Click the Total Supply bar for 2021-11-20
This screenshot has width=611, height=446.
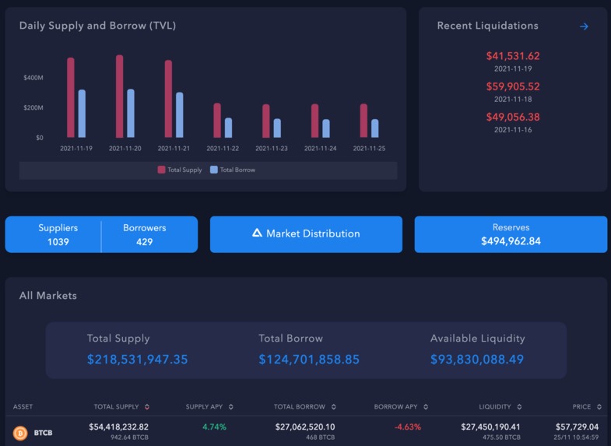tap(119, 97)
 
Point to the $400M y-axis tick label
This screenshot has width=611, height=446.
tap(33, 78)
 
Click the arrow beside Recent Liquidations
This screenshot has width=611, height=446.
tap(584, 26)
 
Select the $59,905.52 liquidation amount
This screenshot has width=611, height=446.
tap(512, 86)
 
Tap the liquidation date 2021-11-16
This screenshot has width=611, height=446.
tap(512, 130)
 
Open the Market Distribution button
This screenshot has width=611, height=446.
tap(306, 234)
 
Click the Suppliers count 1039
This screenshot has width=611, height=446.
tap(58, 242)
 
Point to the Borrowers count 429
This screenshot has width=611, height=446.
tap(145, 242)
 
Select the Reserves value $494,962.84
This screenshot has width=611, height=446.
tap(511, 241)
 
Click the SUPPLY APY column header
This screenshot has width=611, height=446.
tap(205, 406)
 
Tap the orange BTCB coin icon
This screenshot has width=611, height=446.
tap(20, 432)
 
